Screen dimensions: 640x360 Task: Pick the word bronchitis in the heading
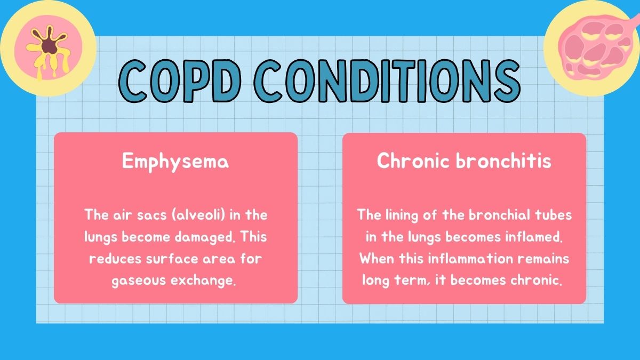point(503,161)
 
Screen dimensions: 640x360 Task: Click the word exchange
point(203,281)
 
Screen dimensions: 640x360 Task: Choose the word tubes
point(554,215)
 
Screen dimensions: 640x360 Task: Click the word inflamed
point(534,237)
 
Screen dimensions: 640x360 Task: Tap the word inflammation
point(470,259)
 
